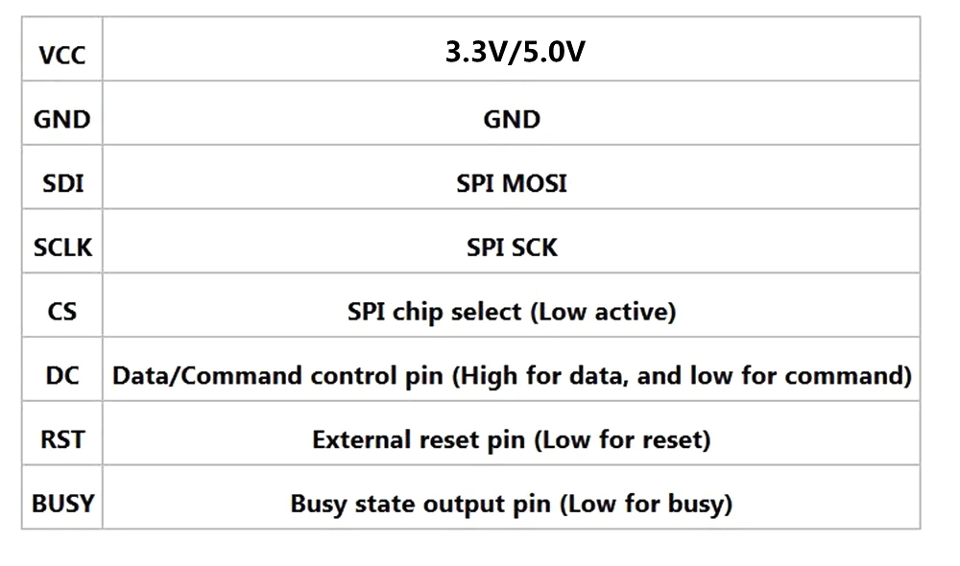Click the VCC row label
[x=61, y=55]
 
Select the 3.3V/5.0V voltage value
[x=515, y=52]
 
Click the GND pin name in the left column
[x=61, y=120]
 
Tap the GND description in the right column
[x=512, y=120]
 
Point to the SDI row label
[x=62, y=183]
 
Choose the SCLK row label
[x=62, y=248]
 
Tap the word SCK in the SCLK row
[x=535, y=248]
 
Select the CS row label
[x=62, y=312]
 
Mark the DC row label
[x=62, y=375]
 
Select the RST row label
[x=62, y=439]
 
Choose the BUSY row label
[x=62, y=503]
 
